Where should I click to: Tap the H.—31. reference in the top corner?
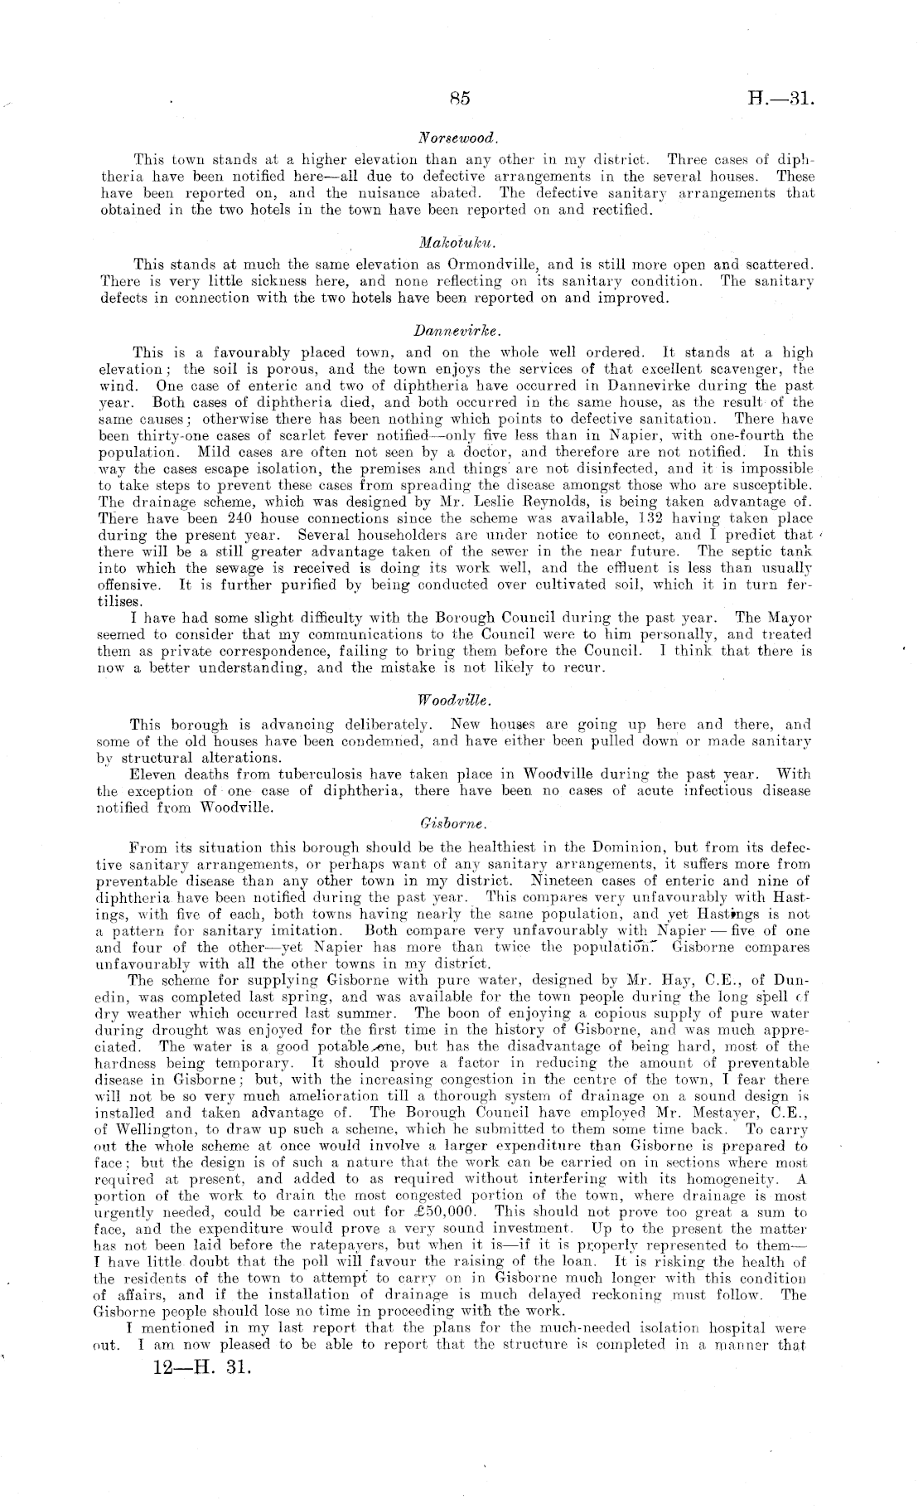click(x=782, y=99)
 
